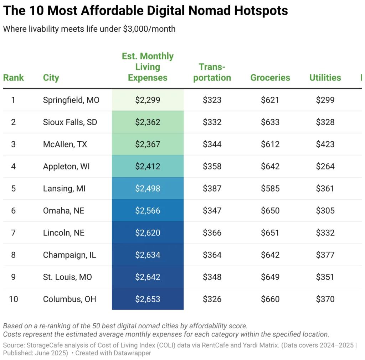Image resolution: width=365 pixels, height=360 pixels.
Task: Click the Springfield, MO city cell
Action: coord(71,100)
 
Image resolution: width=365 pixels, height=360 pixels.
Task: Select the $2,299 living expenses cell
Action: coord(148,100)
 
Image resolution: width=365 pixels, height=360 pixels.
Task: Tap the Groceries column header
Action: coord(270,78)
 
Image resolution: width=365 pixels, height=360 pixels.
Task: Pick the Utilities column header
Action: coord(325,78)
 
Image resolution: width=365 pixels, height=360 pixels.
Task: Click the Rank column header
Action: coord(14,78)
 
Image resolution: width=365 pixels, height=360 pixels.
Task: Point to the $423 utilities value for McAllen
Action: coord(325,144)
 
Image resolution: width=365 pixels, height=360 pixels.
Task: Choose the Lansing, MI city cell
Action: coord(64,188)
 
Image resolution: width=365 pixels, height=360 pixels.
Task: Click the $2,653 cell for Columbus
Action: coord(148,299)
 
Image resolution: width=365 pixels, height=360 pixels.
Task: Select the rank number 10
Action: coord(14,299)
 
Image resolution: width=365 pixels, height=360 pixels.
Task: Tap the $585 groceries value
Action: coord(270,188)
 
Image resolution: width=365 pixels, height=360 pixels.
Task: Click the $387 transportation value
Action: coord(212,188)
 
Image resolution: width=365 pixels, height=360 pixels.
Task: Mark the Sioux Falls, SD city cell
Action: coord(70,122)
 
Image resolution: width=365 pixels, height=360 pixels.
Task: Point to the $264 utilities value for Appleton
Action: coord(325,166)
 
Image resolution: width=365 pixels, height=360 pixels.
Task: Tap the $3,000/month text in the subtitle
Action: coord(149,29)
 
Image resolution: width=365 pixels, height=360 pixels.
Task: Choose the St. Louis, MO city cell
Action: coord(67,277)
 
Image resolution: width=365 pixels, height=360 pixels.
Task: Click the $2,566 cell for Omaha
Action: coord(148,210)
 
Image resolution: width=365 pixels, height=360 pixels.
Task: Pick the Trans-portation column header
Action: coord(212,72)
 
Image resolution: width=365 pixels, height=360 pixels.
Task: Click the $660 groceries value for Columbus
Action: coord(270,299)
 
